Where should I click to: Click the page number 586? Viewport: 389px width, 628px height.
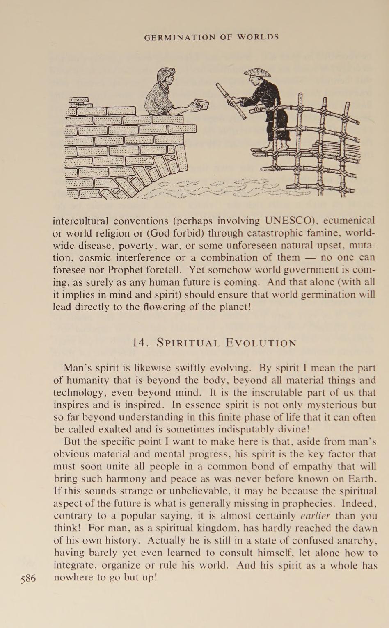28,578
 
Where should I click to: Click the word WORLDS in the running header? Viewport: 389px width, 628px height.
259,37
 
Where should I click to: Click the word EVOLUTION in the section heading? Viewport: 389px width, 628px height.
261,343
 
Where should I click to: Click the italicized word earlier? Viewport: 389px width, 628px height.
315,516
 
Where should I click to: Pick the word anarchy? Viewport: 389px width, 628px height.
354,540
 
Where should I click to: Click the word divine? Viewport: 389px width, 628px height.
288,430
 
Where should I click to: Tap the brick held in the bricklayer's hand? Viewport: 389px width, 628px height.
201,104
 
